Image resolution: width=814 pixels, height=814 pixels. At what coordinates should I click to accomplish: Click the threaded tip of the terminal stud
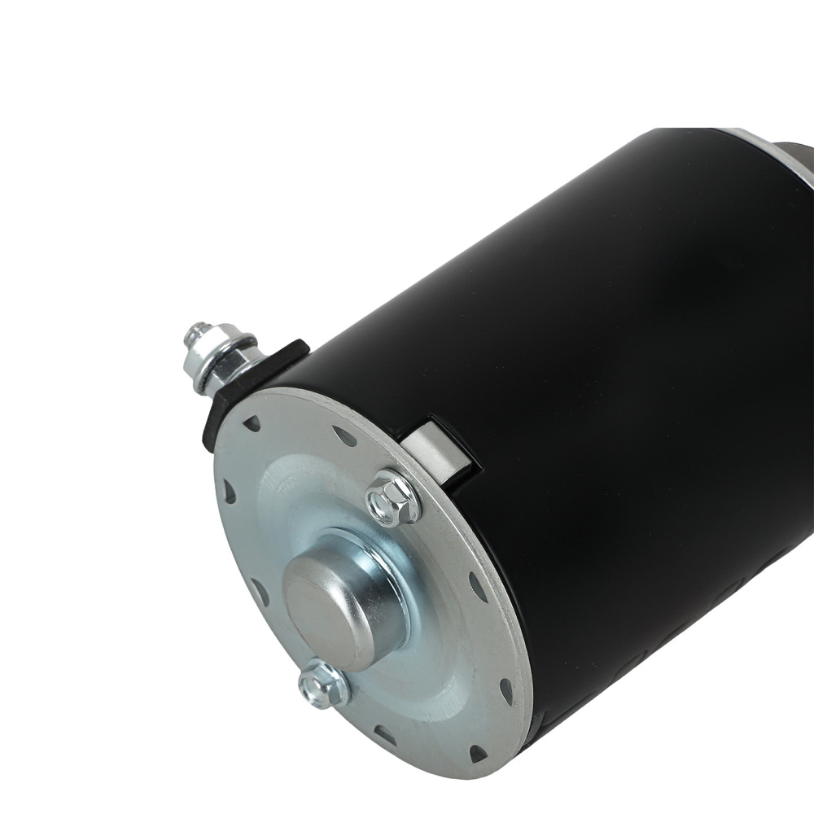click(195, 333)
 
